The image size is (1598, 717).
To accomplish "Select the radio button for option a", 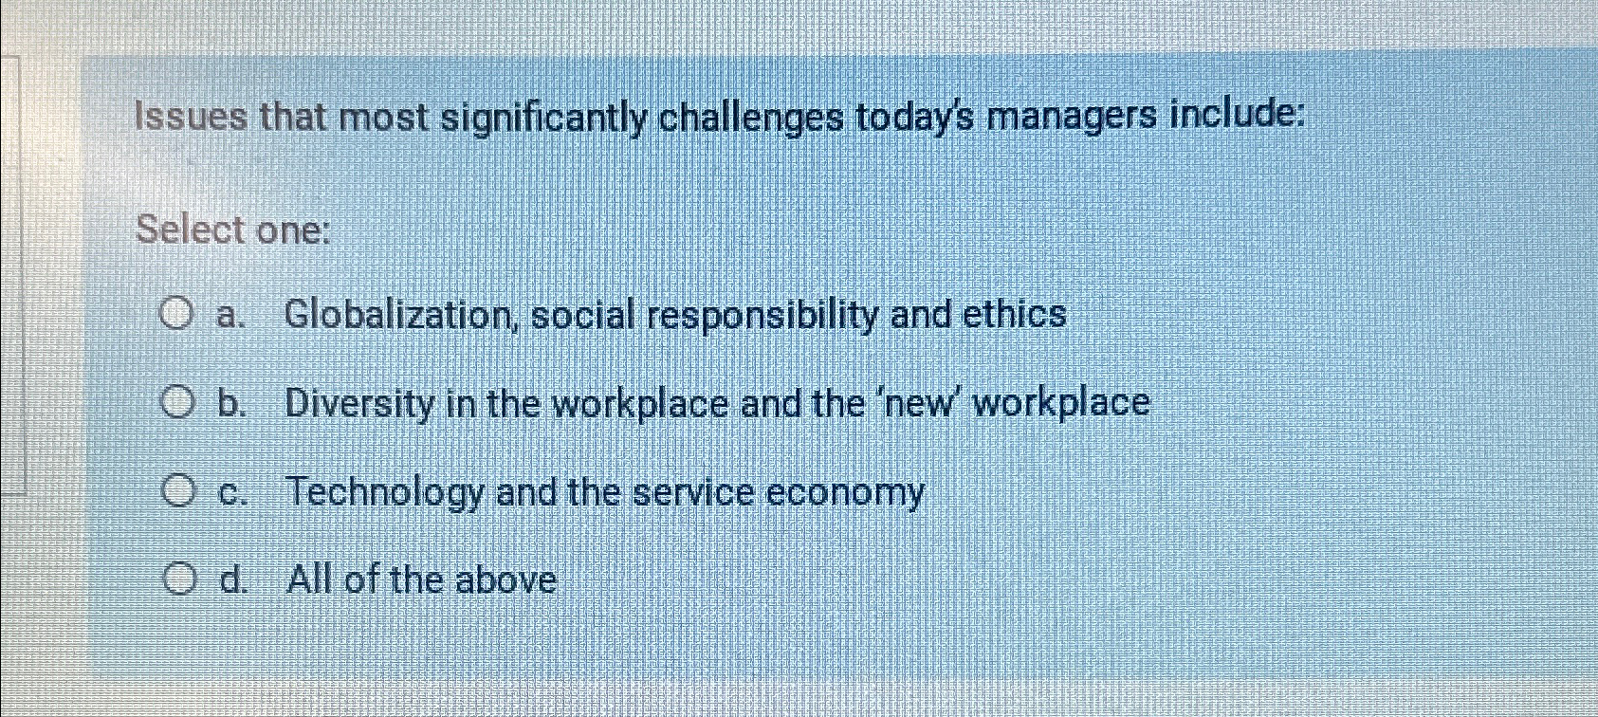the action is click(176, 315).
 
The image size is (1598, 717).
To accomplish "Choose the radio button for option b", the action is click(177, 404).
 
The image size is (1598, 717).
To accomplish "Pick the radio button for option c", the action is click(177, 491).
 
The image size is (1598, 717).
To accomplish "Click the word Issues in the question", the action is click(192, 117).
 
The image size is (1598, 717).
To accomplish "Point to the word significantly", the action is click(542, 119).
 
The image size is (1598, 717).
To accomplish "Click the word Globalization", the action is click(402, 315).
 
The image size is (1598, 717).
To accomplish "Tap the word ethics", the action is click(1015, 314).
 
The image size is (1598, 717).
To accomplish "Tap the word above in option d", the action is click(505, 579).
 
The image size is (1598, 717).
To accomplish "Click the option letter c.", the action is click(231, 494).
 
